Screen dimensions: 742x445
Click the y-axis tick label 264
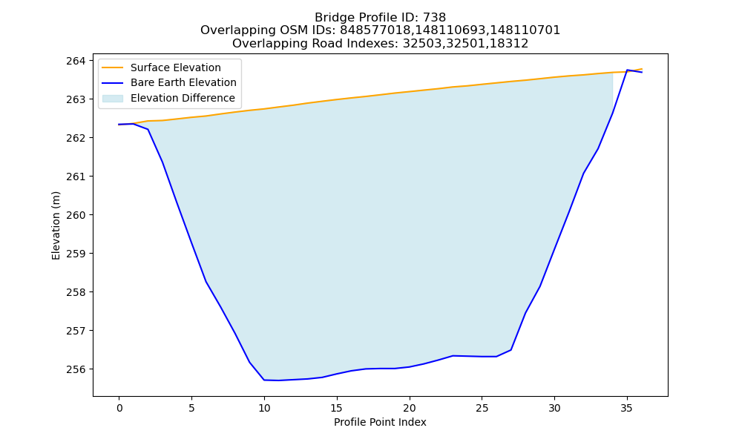[76, 61]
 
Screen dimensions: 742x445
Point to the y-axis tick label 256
[76, 369]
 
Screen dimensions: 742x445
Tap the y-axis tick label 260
[76, 215]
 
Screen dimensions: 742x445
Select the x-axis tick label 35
[626, 409]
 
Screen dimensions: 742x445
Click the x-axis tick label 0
[119, 409]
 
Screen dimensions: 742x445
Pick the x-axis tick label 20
[410, 409]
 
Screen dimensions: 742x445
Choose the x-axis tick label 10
[264, 409]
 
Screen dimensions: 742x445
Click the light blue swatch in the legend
[113, 99]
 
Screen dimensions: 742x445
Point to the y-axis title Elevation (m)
[56, 225]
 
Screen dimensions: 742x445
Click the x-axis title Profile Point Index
[380, 422]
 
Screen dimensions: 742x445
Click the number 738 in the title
[434, 18]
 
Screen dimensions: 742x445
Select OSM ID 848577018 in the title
[375, 30]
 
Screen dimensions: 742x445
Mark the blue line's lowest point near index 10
[279, 380]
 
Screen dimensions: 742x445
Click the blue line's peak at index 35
[627, 70]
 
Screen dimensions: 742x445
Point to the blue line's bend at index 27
[510, 350]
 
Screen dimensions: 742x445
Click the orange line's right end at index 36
[642, 69]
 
